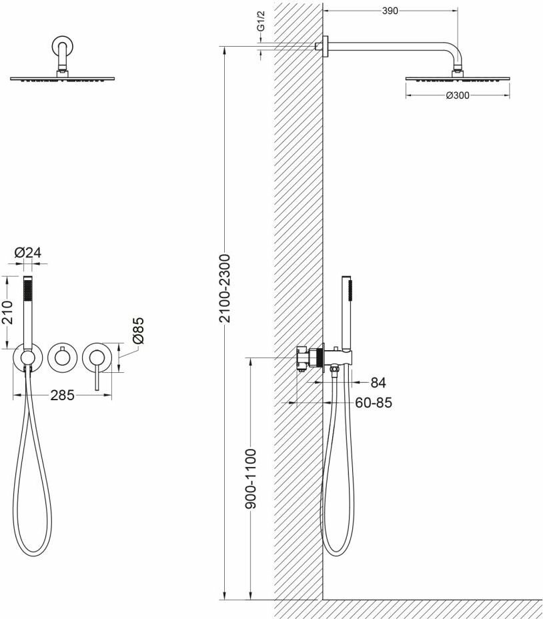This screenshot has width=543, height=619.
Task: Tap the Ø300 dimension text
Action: [x=458, y=95]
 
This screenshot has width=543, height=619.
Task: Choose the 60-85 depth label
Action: [x=374, y=403]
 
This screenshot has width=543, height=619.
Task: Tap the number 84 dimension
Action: [x=378, y=383]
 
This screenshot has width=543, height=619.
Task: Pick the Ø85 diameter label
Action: [x=138, y=330]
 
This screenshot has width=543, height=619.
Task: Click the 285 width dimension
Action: [x=62, y=395]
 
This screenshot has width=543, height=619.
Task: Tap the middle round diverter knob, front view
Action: [x=62, y=358]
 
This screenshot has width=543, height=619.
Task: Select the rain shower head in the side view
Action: [x=458, y=77]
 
